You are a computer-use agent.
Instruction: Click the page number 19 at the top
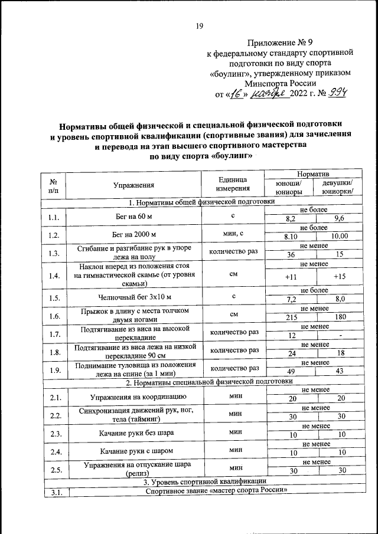tap(199, 26)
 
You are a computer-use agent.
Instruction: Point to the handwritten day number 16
tap(237, 94)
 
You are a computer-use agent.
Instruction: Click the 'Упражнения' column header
tap(133, 185)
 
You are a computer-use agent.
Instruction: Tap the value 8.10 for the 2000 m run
tap(290, 236)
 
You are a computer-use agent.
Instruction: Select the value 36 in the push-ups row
tap(290, 254)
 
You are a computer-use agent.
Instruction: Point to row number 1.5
tap(54, 297)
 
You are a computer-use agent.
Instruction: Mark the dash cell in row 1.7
tap(341, 336)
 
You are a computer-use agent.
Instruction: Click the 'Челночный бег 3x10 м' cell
tap(133, 297)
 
